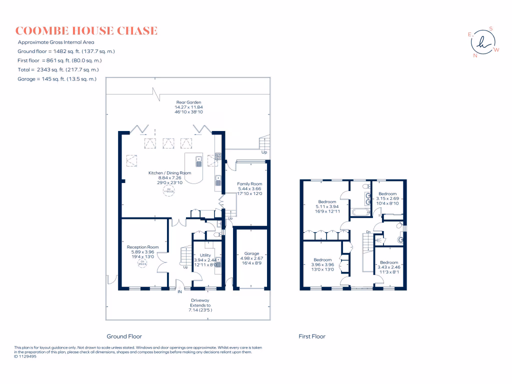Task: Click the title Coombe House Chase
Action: click(x=86, y=31)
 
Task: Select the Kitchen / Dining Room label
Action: click(x=170, y=173)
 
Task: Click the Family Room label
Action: click(x=249, y=184)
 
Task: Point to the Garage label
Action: click(x=251, y=253)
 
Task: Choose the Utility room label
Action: click(x=205, y=255)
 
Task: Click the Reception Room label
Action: click(x=142, y=247)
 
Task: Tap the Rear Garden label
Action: click(x=188, y=102)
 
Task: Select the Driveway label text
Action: click(x=200, y=300)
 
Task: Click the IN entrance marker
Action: click(x=178, y=291)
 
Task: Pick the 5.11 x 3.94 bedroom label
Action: click(x=327, y=202)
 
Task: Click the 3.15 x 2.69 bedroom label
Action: click(x=387, y=194)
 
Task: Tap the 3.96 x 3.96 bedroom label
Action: click(x=322, y=259)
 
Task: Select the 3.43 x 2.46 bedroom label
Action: click(x=389, y=262)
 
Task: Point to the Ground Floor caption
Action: click(x=124, y=336)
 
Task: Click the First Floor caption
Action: click(x=312, y=336)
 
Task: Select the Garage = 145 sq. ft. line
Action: click(x=57, y=79)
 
